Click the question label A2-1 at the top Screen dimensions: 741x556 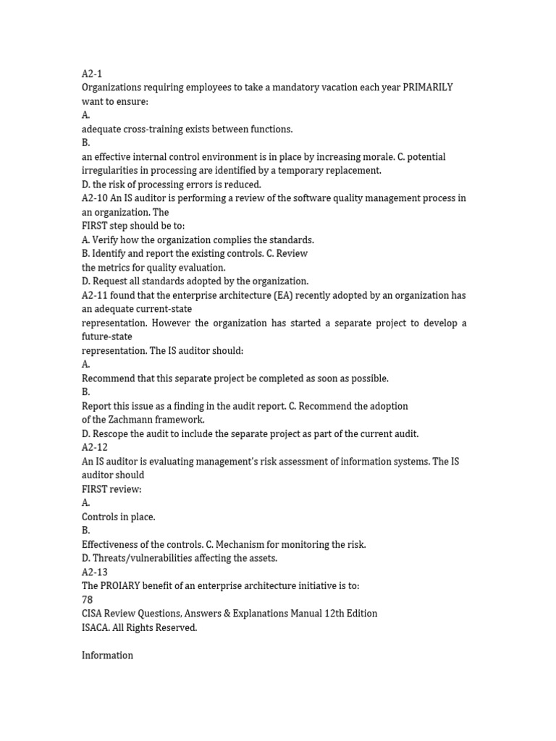coord(92,74)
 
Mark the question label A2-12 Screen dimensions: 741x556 coord(94,447)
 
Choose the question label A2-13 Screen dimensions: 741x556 coord(94,572)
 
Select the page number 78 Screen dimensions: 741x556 coord(88,600)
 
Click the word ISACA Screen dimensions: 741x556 coord(96,627)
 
